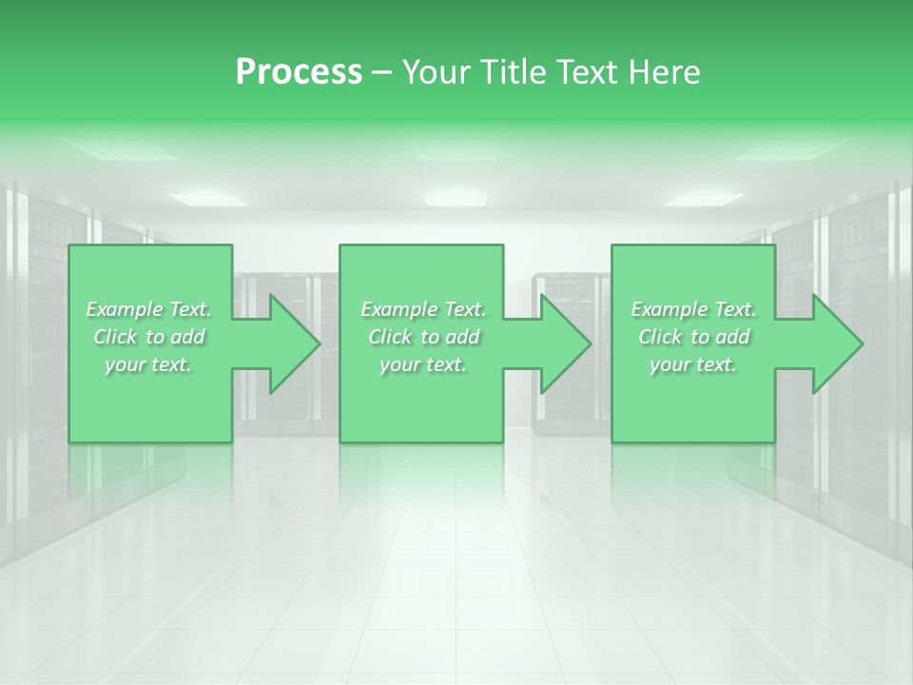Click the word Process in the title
299,72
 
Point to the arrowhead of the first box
291,343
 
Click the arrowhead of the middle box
562,343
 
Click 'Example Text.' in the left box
149,309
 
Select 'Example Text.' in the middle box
423,309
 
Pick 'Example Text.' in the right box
693,309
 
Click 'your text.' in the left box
148,364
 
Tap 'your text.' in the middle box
423,364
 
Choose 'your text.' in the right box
693,364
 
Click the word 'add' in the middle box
462,337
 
